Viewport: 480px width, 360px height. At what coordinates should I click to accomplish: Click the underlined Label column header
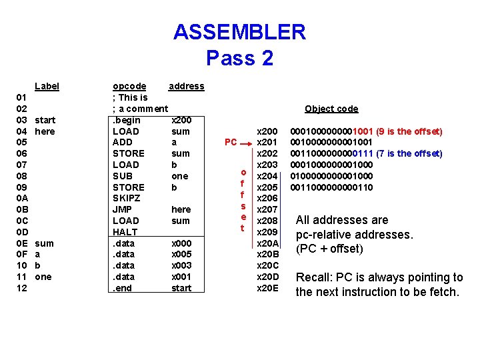47,86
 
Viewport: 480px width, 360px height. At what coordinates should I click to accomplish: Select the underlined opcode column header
129,86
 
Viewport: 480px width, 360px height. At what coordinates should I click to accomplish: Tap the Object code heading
331,109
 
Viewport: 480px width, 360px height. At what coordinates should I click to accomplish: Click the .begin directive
127,120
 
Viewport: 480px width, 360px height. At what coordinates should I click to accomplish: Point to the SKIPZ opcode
126,199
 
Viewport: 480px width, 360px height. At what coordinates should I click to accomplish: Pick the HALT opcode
125,232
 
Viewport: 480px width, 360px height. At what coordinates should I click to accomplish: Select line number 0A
21,199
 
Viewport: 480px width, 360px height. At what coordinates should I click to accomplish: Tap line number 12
21,288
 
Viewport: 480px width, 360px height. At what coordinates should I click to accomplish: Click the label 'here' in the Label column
45,131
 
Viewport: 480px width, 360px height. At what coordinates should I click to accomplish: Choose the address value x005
181,254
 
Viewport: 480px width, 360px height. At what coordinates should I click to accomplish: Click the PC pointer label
231,142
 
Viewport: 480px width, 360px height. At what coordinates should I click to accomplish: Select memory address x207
267,209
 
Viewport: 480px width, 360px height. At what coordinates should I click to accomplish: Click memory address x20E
267,288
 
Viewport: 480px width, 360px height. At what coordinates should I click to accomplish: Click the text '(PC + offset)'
329,249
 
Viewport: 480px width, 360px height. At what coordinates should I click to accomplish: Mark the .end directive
124,288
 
